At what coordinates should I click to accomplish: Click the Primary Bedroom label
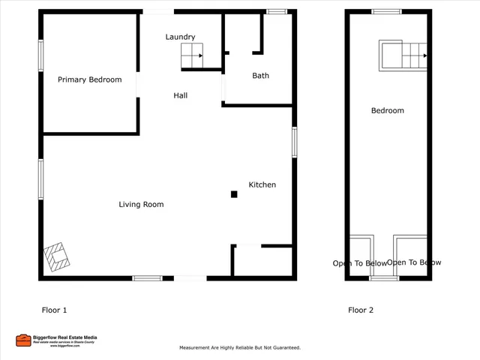(x=90, y=79)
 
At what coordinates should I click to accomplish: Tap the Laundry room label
(x=180, y=37)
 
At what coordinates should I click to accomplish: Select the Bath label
(x=260, y=76)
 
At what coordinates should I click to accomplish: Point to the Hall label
(x=180, y=96)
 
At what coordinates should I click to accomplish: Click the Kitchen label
(x=262, y=184)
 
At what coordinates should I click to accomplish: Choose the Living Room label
(x=141, y=205)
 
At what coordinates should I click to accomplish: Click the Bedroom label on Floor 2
(x=388, y=111)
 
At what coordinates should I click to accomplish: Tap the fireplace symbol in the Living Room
(x=58, y=256)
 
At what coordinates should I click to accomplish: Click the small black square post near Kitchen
(x=234, y=194)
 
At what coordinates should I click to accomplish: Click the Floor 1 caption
(x=54, y=310)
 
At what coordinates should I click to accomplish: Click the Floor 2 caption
(x=360, y=310)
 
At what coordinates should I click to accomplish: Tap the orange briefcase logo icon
(x=23, y=340)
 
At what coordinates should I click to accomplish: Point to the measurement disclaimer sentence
(x=239, y=348)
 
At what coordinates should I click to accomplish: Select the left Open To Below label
(x=360, y=263)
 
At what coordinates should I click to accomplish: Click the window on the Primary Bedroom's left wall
(x=41, y=55)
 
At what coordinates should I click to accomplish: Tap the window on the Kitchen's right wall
(x=295, y=142)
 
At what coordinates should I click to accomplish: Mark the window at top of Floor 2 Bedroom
(x=387, y=11)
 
